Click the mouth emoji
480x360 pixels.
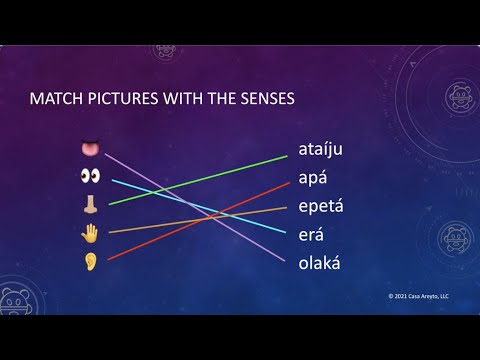coord(91,149)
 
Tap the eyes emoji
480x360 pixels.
coord(91,176)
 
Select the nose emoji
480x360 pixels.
coord(91,204)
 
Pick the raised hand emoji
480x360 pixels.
coord(91,233)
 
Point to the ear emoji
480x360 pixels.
coord(91,261)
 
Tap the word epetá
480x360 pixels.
coord(321,208)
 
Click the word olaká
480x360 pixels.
coord(320,263)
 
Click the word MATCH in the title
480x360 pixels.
coord(55,100)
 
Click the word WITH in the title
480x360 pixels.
coord(189,100)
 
